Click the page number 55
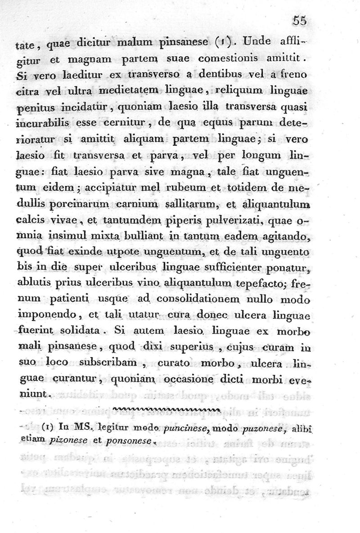pos(299,21)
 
